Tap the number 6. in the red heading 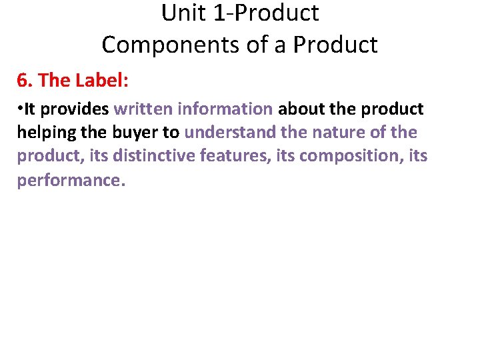point(25,81)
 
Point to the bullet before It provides point(20,109)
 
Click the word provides point(75,109)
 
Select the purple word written point(142,109)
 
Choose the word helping point(46,133)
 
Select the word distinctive point(154,157)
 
